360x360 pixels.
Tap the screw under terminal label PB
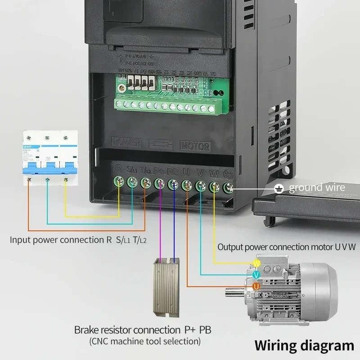coord(173,184)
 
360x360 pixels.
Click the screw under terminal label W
coord(215,185)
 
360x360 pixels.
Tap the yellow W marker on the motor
coord(257,263)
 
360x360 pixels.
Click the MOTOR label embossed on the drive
coord(195,146)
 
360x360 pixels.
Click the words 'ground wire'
coord(317,188)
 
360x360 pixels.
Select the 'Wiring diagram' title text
coord(304,345)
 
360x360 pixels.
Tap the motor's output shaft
coord(234,293)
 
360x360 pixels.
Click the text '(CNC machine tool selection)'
coord(145,341)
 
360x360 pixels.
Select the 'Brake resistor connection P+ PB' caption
coord(143,330)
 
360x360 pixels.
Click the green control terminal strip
coord(169,106)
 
